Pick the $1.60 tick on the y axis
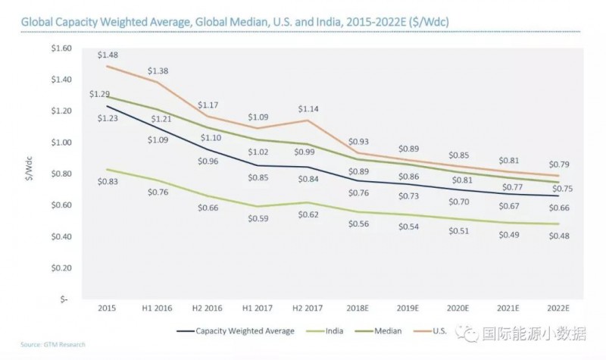[61, 49]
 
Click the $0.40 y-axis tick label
[61, 236]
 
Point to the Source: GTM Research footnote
[44, 345]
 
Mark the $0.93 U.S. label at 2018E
[361, 142]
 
